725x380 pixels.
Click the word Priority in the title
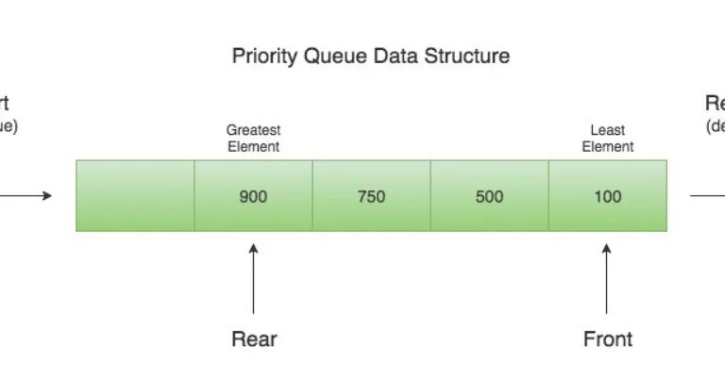264,57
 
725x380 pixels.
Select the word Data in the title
396,57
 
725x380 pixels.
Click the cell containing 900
253,196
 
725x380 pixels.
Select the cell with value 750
371,196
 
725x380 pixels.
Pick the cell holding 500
489,196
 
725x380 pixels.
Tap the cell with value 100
607,196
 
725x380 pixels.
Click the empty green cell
135,196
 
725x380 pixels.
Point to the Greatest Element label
253,138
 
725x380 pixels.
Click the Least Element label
607,138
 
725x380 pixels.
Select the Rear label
254,339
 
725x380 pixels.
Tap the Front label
607,339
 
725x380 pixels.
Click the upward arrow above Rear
253,278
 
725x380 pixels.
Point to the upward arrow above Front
607,278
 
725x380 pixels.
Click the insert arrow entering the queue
28,196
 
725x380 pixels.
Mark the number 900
253,197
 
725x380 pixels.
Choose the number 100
607,197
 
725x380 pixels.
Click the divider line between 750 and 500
430,196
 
